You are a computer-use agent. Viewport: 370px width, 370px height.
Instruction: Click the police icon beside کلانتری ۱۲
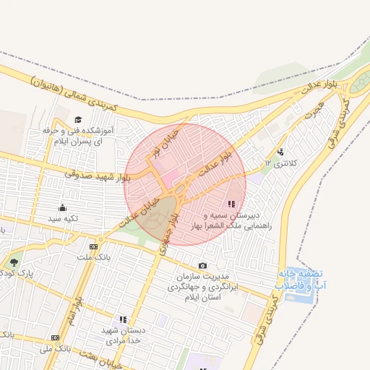pyautogui.click(x=280, y=152)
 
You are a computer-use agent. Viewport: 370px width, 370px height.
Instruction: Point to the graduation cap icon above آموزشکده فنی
pyautogui.click(x=78, y=119)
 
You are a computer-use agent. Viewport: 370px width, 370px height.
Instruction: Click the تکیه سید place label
pyautogui.click(x=63, y=218)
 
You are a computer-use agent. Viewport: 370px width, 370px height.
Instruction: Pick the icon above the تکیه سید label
pyautogui.click(x=63, y=207)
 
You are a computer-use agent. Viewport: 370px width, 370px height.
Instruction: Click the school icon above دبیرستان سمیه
pyautogui.click(x=231, y=205)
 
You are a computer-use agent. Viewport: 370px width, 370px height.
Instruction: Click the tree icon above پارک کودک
pyautogui.click(x=13, y=262)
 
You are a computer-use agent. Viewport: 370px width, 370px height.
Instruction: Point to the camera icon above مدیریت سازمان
pyautogui.click(x=202, y=266)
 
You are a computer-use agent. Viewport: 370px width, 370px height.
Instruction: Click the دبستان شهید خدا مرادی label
pyautogui.click(x=125, y=335)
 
